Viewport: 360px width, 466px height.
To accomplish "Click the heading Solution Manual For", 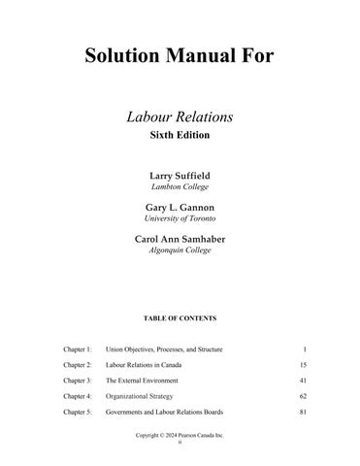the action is [x=179, y=55].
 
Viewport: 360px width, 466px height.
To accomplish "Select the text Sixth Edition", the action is [x=180, y=137].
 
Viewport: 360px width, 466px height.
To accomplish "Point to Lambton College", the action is [x=180, y=186].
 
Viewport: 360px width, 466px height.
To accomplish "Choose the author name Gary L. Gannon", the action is [x=180, y=208].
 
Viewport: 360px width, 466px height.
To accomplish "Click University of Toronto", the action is [x=180, y=219].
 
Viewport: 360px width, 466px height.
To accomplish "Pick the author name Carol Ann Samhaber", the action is [x=180, y=240].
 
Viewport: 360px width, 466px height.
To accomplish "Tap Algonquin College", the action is [x=180, y=251].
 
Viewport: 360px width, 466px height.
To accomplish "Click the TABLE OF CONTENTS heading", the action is [x=180, y=318].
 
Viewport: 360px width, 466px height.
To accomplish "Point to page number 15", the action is [x=304, y=365].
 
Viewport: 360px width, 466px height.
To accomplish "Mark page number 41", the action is [x=304, y=381].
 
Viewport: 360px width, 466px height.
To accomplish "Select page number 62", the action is [x=304, y=397].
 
